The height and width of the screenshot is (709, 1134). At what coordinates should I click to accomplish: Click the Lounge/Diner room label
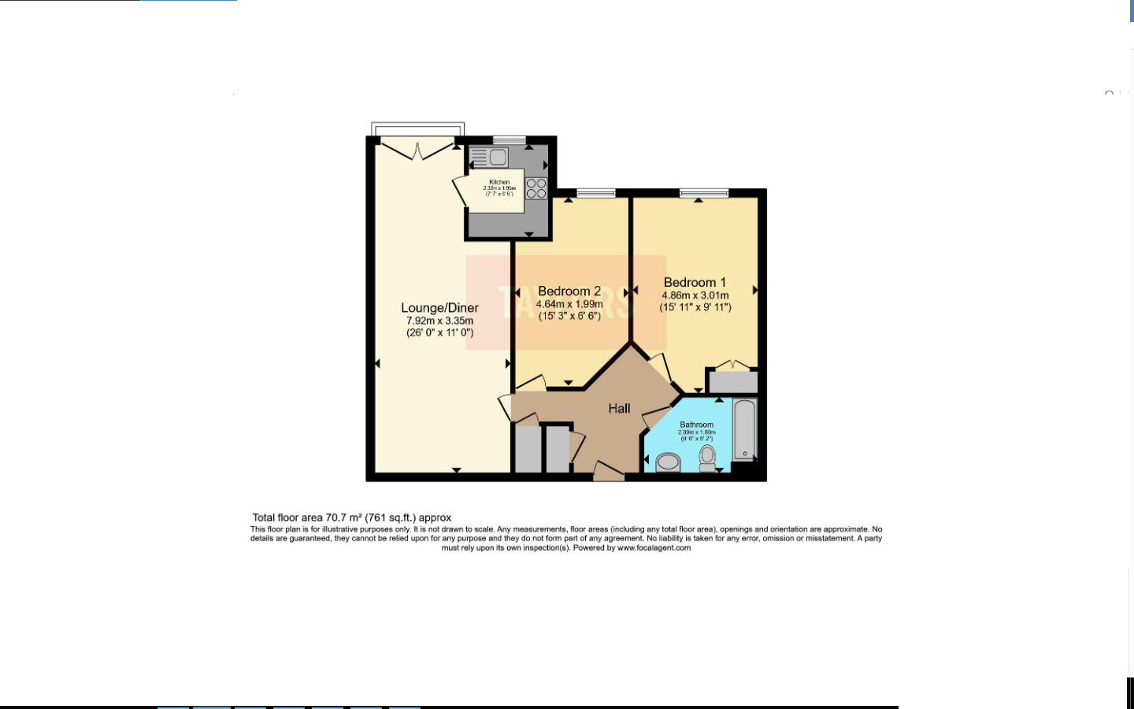click(439, 308)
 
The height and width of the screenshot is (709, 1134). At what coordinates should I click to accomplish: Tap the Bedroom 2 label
click(569, 291)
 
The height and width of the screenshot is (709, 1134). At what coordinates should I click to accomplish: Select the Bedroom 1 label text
click(695, 282)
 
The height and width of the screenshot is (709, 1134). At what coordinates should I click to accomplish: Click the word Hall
click(619, 408)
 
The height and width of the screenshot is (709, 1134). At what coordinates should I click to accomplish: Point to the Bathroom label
click(697, 425)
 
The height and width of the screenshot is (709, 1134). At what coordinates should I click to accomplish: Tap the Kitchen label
click(499, 182)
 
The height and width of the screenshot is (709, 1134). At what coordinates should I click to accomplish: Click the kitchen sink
click(497, 157)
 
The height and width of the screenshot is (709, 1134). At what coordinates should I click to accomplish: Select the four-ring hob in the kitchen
click(536, 188)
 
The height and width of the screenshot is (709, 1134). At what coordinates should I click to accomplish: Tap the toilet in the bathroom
click(707, 458)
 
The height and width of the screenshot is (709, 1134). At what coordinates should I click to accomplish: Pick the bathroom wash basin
click(668, 462)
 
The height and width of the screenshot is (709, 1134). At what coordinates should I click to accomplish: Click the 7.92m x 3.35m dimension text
click(439, 321)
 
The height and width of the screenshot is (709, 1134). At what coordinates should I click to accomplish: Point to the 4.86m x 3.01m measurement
click(695, 295)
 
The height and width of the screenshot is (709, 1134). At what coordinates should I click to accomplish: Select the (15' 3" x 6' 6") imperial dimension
click(569, 316)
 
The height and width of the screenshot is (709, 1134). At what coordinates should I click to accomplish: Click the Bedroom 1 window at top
click(704, 193)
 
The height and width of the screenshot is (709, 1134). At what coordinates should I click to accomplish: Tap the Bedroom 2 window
click(595, 193)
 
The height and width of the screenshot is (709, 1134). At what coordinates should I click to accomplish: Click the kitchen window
click(509, 140)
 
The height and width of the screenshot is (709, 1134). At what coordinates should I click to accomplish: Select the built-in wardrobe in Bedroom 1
click(733, 382)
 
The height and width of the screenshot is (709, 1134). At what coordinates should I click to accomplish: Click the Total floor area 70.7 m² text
click(352, 518)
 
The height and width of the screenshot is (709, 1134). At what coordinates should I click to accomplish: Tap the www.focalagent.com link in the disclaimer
click(654, 548)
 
